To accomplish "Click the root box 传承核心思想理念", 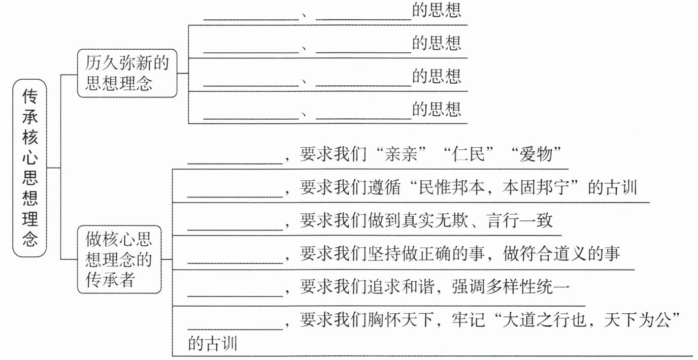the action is point(29,168).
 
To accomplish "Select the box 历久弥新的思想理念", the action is point(127,73).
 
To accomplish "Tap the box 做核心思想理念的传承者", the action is point(119,259).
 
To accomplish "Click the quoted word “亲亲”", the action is point(401,154).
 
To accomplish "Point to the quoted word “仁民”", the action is point(469,154).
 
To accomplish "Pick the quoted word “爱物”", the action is point(536,154).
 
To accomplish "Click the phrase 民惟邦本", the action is point(451,187).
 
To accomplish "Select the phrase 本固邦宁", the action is point(536,187).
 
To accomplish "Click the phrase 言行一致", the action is point(519,221).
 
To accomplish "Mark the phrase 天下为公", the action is point(638,319).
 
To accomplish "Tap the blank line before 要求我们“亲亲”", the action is point(235,163).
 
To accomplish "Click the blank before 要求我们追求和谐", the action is point(235,296).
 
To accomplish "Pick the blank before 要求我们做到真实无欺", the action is point(235,230).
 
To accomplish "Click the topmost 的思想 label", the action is point(437,10).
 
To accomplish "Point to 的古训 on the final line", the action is point(213,343).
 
